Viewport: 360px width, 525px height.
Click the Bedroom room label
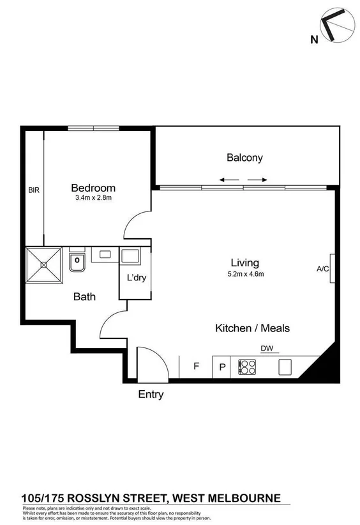(x=93, y=188)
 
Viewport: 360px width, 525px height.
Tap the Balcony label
(x=244, y=158)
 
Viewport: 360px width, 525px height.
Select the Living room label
(x=244, y=262)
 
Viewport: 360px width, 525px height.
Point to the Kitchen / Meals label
(x=251, y=328)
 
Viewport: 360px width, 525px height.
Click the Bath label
(x=84, y=296)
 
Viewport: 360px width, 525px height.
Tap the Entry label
(x=151, y=395)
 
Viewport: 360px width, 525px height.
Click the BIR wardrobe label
(x=33, y=190)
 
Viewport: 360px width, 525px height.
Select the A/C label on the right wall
(x=323, y=269)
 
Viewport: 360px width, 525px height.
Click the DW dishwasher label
(x=267, y=348)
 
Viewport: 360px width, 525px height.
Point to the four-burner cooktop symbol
(x=247, y=367)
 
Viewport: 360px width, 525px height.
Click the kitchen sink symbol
(x=285, y=367)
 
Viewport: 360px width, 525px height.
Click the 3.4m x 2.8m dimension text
(x=93, y=198)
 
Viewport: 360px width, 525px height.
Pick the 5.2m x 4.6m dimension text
(x=244, y=274)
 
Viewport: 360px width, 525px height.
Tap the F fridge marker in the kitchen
(x=197, y=367)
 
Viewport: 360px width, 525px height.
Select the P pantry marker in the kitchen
(x=222, y=367)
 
